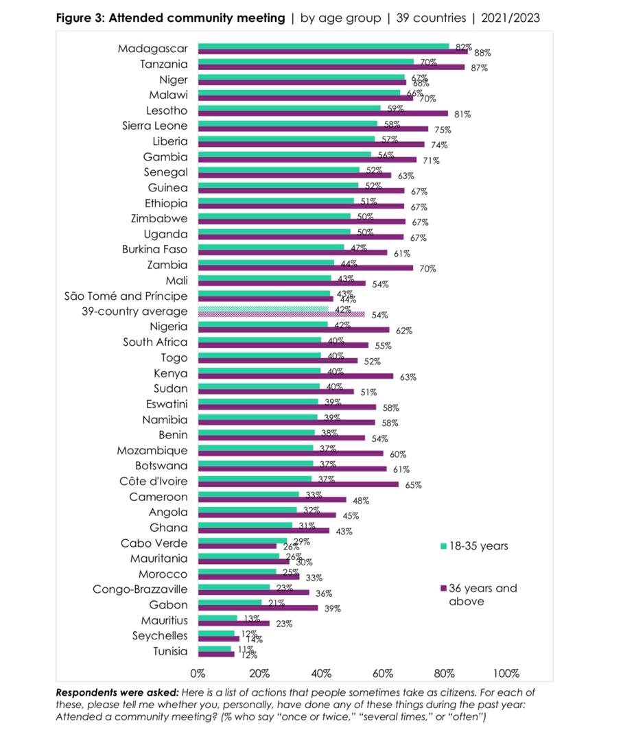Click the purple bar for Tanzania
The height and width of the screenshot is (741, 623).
click(x=331, y=67)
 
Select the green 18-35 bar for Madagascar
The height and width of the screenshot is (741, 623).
click(x=323, y=47)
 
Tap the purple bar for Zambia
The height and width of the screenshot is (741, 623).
click(x=305, y=268)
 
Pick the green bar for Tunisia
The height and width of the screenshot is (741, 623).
click(x=215, y=648)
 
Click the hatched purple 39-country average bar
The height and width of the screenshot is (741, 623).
click(x=281, y=314)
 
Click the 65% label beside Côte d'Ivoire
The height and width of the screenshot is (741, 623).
click(x=412, y=485)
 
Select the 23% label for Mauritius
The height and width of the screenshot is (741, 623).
click(x=283, y=624)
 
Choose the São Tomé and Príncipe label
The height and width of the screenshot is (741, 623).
click(x=126, y=296)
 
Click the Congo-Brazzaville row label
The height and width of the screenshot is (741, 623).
click(x=141, y=589)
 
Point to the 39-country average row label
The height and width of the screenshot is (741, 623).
click(x=134, y=311)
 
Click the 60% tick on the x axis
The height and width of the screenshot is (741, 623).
click(x=383, y=673)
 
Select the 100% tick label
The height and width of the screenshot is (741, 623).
click(x=505, y=673)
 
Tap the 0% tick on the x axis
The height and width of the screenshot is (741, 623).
click(x=198, y=673)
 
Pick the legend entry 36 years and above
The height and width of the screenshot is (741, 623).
click(x=482, y=594)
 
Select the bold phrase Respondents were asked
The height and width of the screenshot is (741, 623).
click(x=108, y=692)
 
